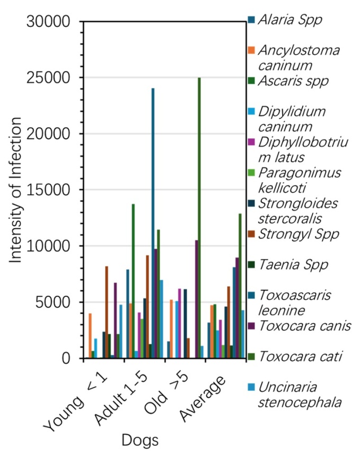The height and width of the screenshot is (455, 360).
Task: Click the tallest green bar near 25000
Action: point(199,218)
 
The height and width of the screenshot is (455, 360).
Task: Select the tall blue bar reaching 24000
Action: point(153,224)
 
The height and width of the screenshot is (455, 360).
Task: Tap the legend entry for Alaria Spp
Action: point(285,20)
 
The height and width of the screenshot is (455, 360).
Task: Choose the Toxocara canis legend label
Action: point(300,326)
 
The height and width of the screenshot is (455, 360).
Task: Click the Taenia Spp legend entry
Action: point(288,265)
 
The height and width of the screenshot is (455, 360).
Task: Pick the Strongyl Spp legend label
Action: point(294,234)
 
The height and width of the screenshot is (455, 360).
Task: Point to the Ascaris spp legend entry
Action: point(288,81)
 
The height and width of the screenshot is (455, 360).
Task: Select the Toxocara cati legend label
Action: point(295,356)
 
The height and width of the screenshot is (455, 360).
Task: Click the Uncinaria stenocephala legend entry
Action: point(295,395)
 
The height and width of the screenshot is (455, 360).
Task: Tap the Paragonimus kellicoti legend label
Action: point(294,181)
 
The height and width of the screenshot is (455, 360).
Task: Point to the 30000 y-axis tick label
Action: point(48,22)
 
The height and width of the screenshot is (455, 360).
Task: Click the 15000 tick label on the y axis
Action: point(48,190)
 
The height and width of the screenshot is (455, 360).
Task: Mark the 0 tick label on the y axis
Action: point(66,359)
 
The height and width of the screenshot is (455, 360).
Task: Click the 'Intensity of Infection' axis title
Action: point(15,190)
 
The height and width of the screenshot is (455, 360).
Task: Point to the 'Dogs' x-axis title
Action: point(140,440)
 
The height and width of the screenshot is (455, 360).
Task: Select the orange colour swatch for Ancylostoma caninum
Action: point(251,50)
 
